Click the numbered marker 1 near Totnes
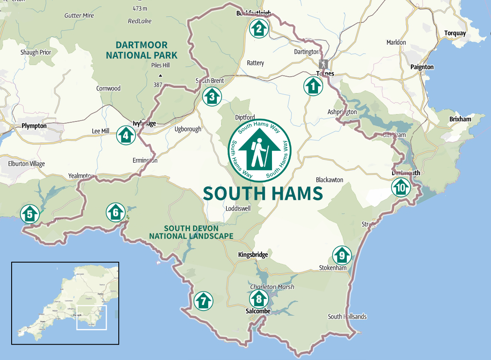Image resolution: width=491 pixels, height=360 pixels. [313, 86]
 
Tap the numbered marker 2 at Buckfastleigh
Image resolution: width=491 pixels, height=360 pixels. [259, 29]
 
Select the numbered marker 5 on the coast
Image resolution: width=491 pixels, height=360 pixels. [29, 214]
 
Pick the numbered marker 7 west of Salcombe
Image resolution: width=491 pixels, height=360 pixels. [203, 301]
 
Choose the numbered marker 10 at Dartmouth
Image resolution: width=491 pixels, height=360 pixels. [401, 188]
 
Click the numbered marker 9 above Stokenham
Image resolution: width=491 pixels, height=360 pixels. [342, 256]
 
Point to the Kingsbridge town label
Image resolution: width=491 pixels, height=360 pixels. [253, 254]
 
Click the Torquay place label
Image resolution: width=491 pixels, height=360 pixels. [455, 33]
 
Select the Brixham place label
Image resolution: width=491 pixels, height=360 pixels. [460, 119]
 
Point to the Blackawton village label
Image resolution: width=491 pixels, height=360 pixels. [330, 180]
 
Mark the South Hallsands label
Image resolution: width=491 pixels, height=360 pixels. [347, 317]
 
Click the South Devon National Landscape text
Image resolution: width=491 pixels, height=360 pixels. [191, 232]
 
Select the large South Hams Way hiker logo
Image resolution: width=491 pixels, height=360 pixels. [259, 150]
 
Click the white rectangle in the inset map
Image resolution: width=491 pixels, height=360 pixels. [91, 317]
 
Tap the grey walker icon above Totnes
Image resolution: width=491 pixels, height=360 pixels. [323, 64]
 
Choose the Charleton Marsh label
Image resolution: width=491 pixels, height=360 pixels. [272, 287]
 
